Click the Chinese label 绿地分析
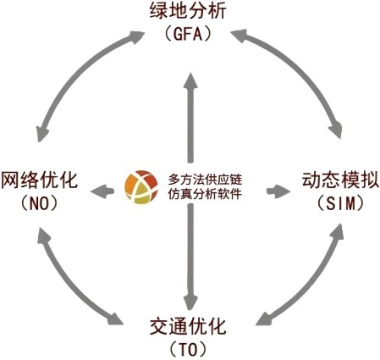pos(188,11)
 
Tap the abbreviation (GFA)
pos(188,34)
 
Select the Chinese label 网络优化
pos(40,180)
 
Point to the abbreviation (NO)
pos(39,203)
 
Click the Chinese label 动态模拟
pos(340,180)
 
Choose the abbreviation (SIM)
pos(340,203)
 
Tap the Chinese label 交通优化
pos(188,326)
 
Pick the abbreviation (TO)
pos(188,350)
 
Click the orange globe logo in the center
pos(141,187)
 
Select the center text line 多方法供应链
pos(205,180)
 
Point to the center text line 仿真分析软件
pos(205,194)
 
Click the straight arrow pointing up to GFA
pos(191,118)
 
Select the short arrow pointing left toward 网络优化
pos(102,191)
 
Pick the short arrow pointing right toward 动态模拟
pos(278,191)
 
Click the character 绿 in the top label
pos(159,11)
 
